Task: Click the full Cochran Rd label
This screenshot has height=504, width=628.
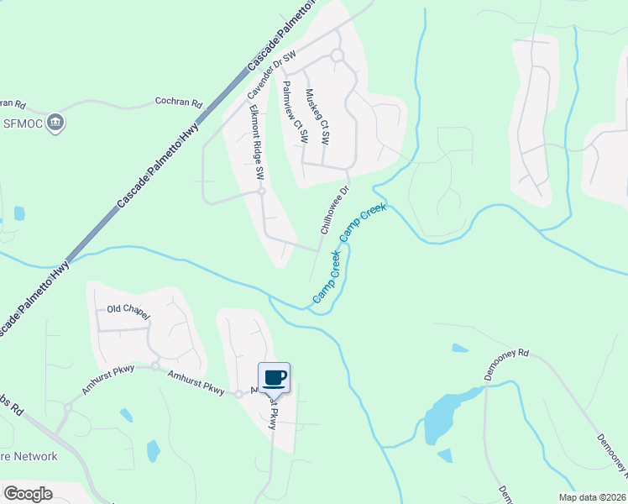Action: click(x=179, y=103)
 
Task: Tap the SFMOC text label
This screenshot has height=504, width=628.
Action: click(x=24, y=123)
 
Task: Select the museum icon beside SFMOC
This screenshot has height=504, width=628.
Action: click(x=56, y=123)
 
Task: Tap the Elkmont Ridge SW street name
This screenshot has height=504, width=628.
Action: click(x=253, y=148)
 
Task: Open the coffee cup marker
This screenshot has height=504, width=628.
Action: click(x=274, y=377)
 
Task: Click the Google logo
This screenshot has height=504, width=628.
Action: click(x=29, y=494)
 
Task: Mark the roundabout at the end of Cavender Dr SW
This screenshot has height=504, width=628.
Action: click(x=337, y=55)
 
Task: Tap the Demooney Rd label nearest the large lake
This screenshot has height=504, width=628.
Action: click(x=509, y=366)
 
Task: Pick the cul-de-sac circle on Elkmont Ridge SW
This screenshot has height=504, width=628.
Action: click(x=261, y=192)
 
